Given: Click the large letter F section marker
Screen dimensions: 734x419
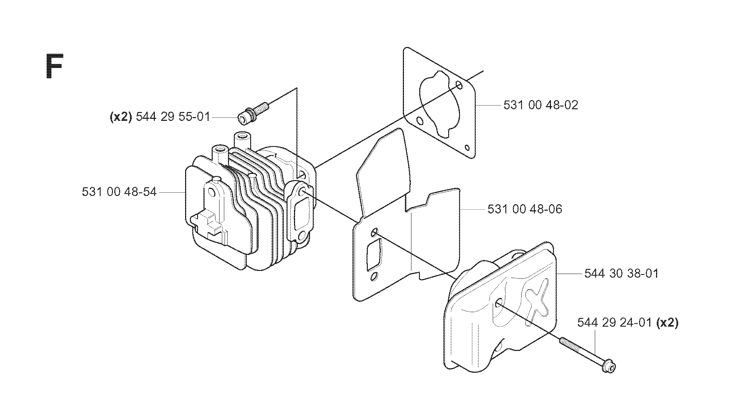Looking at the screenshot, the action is point(54,66).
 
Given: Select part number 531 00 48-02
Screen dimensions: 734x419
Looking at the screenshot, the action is point(541,105).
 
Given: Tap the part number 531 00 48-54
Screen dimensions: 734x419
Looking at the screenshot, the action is point(119,192).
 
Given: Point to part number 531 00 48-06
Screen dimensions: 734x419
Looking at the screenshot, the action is point(525,209).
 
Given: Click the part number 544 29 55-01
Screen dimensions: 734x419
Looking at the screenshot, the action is point(173,117).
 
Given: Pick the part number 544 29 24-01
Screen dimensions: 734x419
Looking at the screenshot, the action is point(615,323).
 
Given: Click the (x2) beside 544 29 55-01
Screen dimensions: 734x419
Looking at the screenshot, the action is point(121,117).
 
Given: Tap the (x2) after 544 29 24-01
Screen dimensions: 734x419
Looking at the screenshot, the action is point(667,323).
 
